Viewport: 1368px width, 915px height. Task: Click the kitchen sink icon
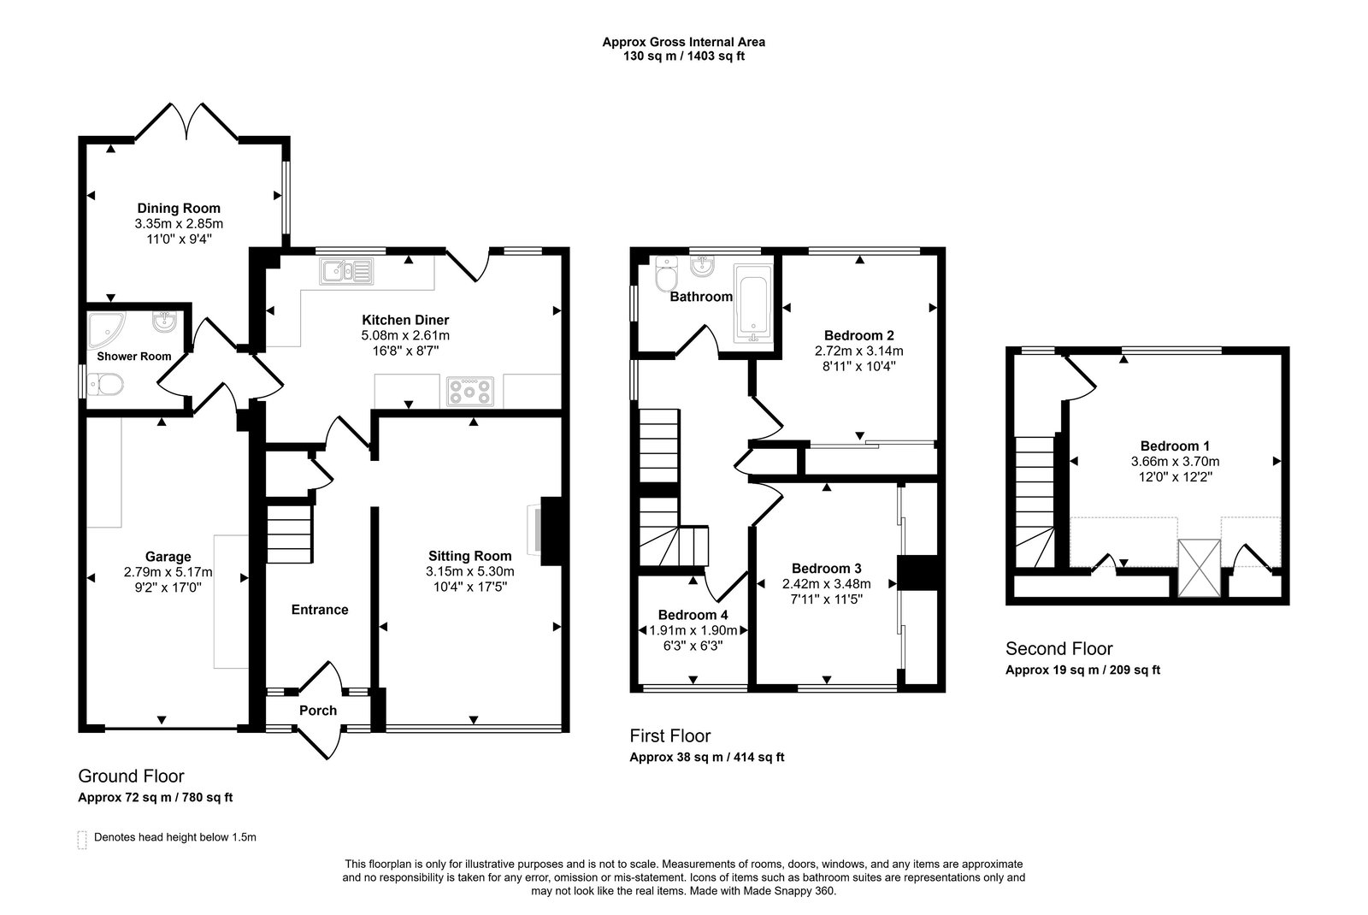click(x=346, y=271)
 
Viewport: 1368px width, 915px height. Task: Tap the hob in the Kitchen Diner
click(x=470, y=392)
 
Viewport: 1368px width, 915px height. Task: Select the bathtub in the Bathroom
click(x=753, y=303)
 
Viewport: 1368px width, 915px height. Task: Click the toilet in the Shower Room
click(x=105, y=385)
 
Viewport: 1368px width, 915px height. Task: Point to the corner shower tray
click(x=104, y=329)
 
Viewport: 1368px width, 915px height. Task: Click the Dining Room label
click(x=179, y=209)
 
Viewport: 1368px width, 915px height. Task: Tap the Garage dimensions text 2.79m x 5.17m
click(x=168, y=572)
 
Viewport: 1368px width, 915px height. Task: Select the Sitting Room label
click(x=469, y=556)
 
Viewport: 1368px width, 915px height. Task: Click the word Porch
click(x=317, y=711)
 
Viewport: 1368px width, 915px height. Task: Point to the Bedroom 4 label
click(x=693, y=615)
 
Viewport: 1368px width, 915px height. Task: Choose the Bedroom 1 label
click(x=1175, y=446)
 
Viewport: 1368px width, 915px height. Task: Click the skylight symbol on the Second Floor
click(x=1199, y=568)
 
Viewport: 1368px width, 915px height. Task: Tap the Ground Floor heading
click(x=132, y=776)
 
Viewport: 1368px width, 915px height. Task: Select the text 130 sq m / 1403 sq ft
click(x=683, y=56)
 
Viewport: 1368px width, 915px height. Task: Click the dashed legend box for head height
click(x=82, y=840)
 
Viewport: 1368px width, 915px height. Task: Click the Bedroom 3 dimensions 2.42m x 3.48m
click(x=826, y=584)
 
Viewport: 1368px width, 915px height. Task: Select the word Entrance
click(x=320, y=610)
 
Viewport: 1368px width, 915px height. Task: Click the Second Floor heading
click(x=1059, y=648)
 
